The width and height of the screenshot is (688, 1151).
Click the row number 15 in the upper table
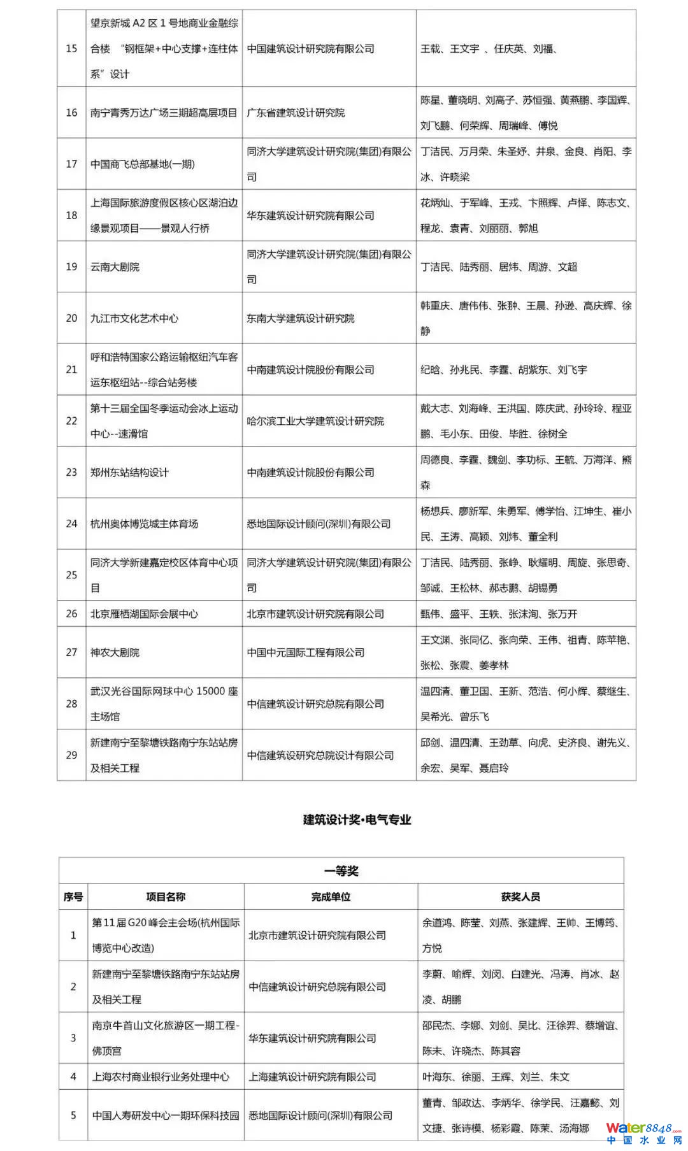[71, 48]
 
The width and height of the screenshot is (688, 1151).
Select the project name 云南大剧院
[115, 267]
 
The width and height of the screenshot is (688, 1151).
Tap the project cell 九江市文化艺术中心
[134, 318]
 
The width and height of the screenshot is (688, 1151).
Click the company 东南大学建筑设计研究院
[301, 318]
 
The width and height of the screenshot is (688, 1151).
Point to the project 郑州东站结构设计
[130, 472]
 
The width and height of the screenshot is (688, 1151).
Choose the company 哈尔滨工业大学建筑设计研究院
[315, 421]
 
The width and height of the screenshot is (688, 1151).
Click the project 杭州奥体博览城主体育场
[145, 524]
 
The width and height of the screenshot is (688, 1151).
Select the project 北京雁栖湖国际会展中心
[145, 613]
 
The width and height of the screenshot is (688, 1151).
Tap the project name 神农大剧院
[115, 652]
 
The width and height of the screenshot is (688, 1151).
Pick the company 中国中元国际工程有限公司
[306, 652]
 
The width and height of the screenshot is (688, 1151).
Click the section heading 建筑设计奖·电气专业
[357, 820]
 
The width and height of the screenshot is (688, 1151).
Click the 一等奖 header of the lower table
[341, 871]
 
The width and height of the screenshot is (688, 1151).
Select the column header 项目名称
[166, 897]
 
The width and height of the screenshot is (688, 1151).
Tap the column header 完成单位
[331, 897]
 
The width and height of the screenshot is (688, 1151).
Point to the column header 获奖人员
[520, 897]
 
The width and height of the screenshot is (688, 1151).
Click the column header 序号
[73, 897]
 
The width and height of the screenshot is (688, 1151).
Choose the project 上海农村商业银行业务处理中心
[161, 1076]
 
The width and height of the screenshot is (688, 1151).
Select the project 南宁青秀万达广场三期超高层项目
[164, 113]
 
